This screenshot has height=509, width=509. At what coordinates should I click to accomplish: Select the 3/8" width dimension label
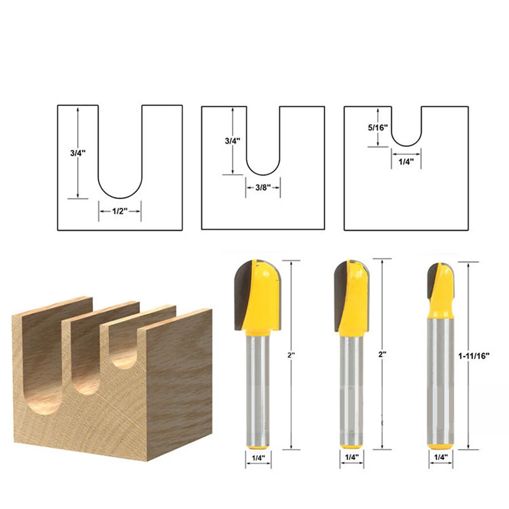(x=263, y=187)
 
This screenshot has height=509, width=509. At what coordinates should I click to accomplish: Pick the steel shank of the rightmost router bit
(x=440, y=387)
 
